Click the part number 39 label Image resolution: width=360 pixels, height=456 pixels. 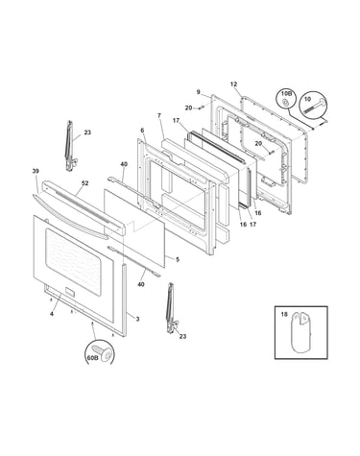[x=36, y=171]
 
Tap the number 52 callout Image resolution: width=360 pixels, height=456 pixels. [x=84, y=183]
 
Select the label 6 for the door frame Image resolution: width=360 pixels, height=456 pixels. [x=142, y=131]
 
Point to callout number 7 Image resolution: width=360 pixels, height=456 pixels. [x=159, y=115]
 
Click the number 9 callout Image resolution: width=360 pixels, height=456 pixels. [x=199, y=92]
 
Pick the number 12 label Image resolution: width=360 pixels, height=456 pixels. [x=233, y=84]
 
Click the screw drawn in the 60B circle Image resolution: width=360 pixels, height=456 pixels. [x=103, y=352]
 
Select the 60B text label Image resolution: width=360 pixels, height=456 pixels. [x=92, y=358]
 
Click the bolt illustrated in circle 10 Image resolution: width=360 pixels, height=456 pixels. [x=311, y=108]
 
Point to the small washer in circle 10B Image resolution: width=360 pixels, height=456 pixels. [x=285, y=103]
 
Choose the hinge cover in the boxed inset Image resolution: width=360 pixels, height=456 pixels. [x=300, y=332]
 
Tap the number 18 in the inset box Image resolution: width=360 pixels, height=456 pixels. [x=284, y=315]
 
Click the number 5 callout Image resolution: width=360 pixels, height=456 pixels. [x=178, y=259]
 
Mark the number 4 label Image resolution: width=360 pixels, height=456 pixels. [x=52, y=314]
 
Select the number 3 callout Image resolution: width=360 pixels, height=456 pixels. [x=137, y=319]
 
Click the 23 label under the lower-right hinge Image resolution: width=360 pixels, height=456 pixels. [x=182, y=336]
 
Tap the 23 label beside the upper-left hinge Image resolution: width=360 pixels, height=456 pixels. [x=87, y=132]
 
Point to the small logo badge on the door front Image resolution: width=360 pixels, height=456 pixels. [x=70, y=292]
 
